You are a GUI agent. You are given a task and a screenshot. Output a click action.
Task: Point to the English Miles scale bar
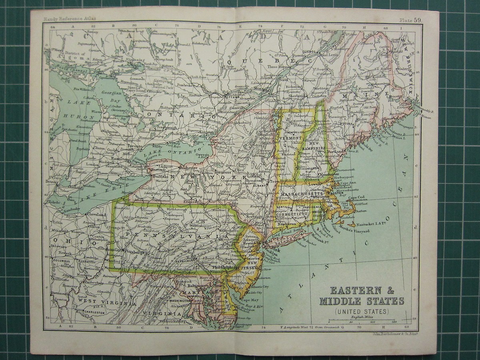pyautogui.click(x=362, y=321)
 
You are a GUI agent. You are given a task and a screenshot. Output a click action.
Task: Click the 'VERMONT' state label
pyautogui.click(x=292, y=138)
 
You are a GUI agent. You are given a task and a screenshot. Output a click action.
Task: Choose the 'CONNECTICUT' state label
pyautogui.click(x=291, y=214)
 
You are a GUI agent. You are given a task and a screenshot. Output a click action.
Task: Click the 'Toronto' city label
pyautogui.click(x=135, y=147)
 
